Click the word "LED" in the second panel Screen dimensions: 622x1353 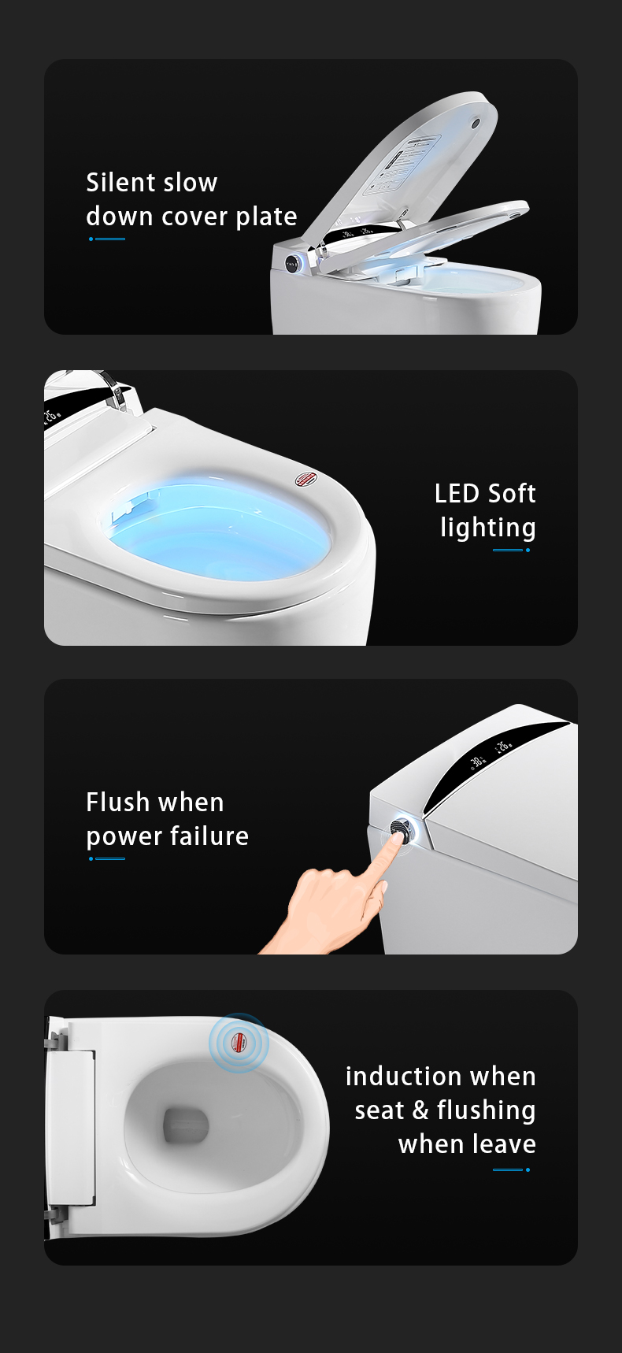pyautogui.click(x=457, y=494)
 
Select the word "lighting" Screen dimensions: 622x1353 pyautogui.click(x=488, y=528)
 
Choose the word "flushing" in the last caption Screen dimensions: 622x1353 pyautogui.click(x=487, y=1111)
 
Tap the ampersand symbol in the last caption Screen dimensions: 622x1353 pyautogui.click(x=420, y=1110)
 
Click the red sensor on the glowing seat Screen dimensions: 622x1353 pyautogui.click(x=305, y=478)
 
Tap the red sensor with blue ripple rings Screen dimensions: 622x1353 pyautogui.click(x=239, y=1043)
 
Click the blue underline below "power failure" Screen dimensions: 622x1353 pyautogui.click(x=107, y=858)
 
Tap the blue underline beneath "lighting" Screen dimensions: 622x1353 pyautogui.click(x=512, y=550)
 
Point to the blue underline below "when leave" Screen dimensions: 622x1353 pyautogui.click(x=512, y=1170)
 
